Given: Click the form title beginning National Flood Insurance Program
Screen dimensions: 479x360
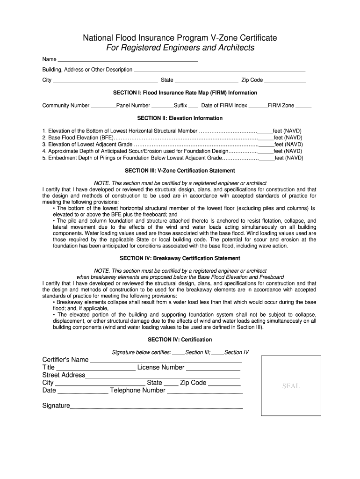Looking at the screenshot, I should pos(180,37).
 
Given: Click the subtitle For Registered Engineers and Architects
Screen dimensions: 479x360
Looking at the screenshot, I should pos(180,48).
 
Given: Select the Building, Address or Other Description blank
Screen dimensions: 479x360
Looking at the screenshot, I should pos(219,70).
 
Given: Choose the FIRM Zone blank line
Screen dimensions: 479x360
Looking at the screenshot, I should pos(303,106).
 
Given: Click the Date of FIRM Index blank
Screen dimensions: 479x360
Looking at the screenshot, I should pos(258,106).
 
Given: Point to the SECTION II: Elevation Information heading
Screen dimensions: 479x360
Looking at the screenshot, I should pos(180,118).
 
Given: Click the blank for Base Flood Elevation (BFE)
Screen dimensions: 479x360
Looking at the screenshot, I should pos(266,138).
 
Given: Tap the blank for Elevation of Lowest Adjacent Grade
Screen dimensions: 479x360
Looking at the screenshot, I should pos(266,145).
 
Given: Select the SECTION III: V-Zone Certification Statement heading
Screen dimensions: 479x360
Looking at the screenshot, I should pos(180,171).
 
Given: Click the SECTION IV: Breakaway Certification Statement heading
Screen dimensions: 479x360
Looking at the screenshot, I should pos(180,258).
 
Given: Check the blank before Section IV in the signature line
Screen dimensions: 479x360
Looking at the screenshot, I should pos(217,353).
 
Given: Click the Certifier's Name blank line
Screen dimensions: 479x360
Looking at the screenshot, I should pos(166,361).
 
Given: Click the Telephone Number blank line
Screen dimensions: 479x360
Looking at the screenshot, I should pos(205,392).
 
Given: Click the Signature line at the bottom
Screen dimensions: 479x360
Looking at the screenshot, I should pos(156,407).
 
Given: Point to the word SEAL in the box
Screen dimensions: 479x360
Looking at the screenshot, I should pos(291,386).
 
